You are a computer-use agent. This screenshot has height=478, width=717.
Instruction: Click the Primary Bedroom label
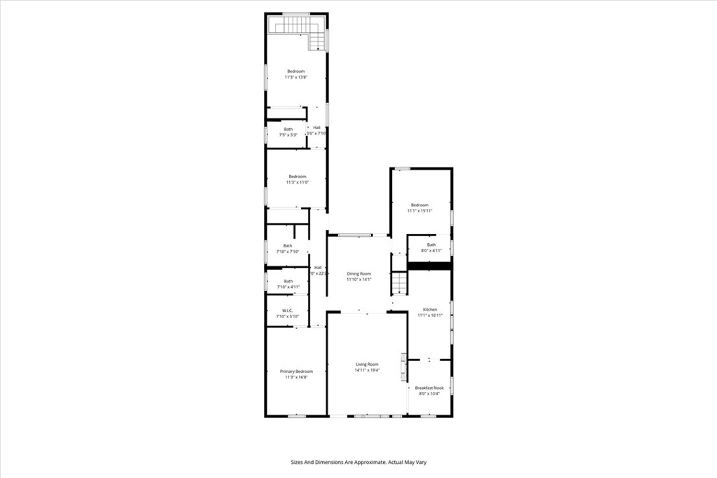(x=296, y=371)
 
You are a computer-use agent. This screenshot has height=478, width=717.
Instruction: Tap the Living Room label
(x=367, y=364)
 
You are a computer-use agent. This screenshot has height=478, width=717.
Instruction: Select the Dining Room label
(x=358, y=273)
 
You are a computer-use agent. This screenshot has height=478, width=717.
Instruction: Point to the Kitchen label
(x=430, y=309)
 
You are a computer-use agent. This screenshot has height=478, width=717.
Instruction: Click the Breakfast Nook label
(x=429, y=388)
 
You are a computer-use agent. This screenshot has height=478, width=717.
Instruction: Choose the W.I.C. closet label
(x=287, y=310)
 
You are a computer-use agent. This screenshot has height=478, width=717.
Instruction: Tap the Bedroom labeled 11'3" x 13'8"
(x=296, y=71)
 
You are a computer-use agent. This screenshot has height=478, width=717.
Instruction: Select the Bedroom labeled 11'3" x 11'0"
(x=298, y=177)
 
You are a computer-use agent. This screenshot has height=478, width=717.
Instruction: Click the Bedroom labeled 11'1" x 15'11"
(x=420, y=205)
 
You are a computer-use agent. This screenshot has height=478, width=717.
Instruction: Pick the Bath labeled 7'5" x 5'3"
(x=288, y=129)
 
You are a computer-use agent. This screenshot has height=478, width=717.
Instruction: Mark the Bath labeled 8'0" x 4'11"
(x=431, y=245)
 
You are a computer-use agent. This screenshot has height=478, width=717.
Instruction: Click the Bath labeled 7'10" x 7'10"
(x=287, y=245)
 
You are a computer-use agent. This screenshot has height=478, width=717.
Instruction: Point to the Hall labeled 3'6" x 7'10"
(x=317, y=128)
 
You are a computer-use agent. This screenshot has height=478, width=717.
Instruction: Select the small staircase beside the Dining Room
(x=398, y=283)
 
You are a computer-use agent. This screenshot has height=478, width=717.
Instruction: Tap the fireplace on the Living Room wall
(x=403, y=366)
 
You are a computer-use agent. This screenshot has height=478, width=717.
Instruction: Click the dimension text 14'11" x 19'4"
(x=367, y=370)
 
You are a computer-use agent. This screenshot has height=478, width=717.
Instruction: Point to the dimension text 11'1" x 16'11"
(x=430, y=315)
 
